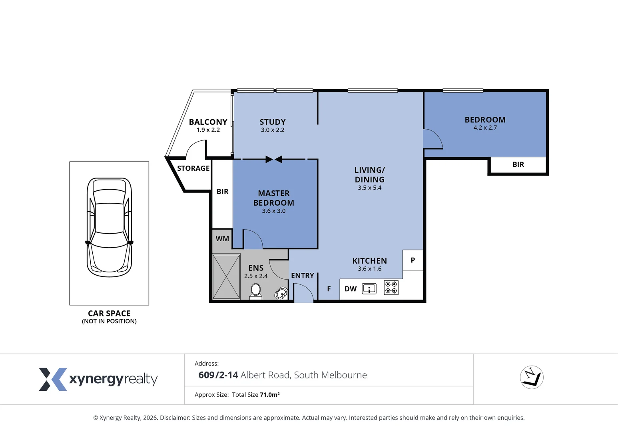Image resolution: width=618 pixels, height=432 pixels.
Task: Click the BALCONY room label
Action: click(x=208, y=122)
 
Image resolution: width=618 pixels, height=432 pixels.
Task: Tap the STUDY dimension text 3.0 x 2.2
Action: click(x=273, y=130)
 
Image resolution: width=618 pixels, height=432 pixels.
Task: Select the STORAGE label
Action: click(x=193, y=168)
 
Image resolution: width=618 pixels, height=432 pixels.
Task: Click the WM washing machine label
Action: click(x=222, y=238)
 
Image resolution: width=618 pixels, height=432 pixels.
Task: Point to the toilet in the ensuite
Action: click(x=256, y=292)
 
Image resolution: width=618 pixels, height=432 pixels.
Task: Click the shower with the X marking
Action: click(x=226, y=276)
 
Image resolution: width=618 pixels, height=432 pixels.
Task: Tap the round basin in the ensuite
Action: click(x=281, y=293)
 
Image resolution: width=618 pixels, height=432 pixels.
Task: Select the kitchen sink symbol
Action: click(x=369, y=289)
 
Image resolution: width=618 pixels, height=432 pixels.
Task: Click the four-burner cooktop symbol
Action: click(x=391, y=288)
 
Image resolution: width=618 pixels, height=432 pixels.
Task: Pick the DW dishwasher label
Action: click(x=351, y=289)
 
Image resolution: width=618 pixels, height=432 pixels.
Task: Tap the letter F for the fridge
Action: click(x=329, y=289)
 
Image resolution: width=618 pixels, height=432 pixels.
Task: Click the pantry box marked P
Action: click(x=413, y=260)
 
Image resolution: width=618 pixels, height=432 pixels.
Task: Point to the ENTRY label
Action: click(x=302, y=276)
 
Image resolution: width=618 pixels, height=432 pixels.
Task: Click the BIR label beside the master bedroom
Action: click(x=222, y=192)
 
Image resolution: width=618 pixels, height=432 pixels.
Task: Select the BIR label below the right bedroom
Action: click(x=518, y=164)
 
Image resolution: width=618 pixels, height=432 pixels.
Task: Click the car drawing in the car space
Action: click(x=109, y=228)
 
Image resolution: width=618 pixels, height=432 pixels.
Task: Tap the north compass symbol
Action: click(x=532, y=377)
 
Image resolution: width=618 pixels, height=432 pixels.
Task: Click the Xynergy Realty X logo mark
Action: click(x=53, y=379)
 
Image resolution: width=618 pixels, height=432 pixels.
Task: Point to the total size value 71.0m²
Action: click(x=269, y=395)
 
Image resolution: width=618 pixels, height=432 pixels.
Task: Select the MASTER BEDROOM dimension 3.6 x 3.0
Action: click(x=274, y=211)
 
